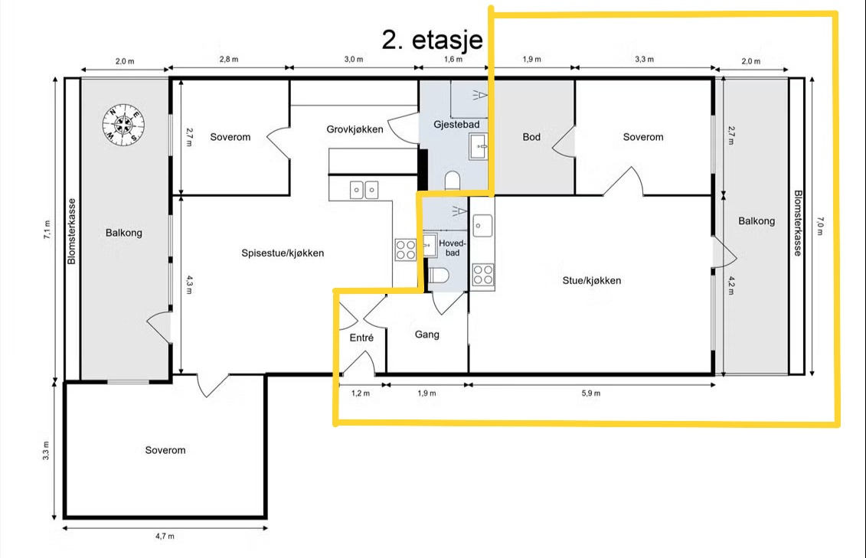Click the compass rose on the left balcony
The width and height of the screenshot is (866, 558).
123,124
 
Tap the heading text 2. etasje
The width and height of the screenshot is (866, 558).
432,40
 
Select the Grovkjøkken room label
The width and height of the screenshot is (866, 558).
355,129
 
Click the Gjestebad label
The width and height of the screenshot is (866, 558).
456,125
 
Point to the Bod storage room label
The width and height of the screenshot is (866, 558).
531,137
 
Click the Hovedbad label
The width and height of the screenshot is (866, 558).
453,248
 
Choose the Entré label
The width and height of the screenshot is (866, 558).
361,338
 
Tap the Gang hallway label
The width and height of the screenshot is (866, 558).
427,334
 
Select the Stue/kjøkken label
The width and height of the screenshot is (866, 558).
592,280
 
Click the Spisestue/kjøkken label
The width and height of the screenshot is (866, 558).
283,253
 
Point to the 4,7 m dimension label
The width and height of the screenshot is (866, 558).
165,536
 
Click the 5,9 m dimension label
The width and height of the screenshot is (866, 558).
590,393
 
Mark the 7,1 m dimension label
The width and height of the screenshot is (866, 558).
47,230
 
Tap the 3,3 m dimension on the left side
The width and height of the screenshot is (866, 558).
46,450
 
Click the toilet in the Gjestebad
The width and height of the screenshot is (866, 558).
453,181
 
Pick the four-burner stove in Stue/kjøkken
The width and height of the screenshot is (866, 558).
483,274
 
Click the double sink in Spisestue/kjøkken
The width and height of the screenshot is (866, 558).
364,190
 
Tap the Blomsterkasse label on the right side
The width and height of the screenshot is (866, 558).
798,223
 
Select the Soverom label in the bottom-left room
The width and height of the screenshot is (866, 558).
165,450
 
